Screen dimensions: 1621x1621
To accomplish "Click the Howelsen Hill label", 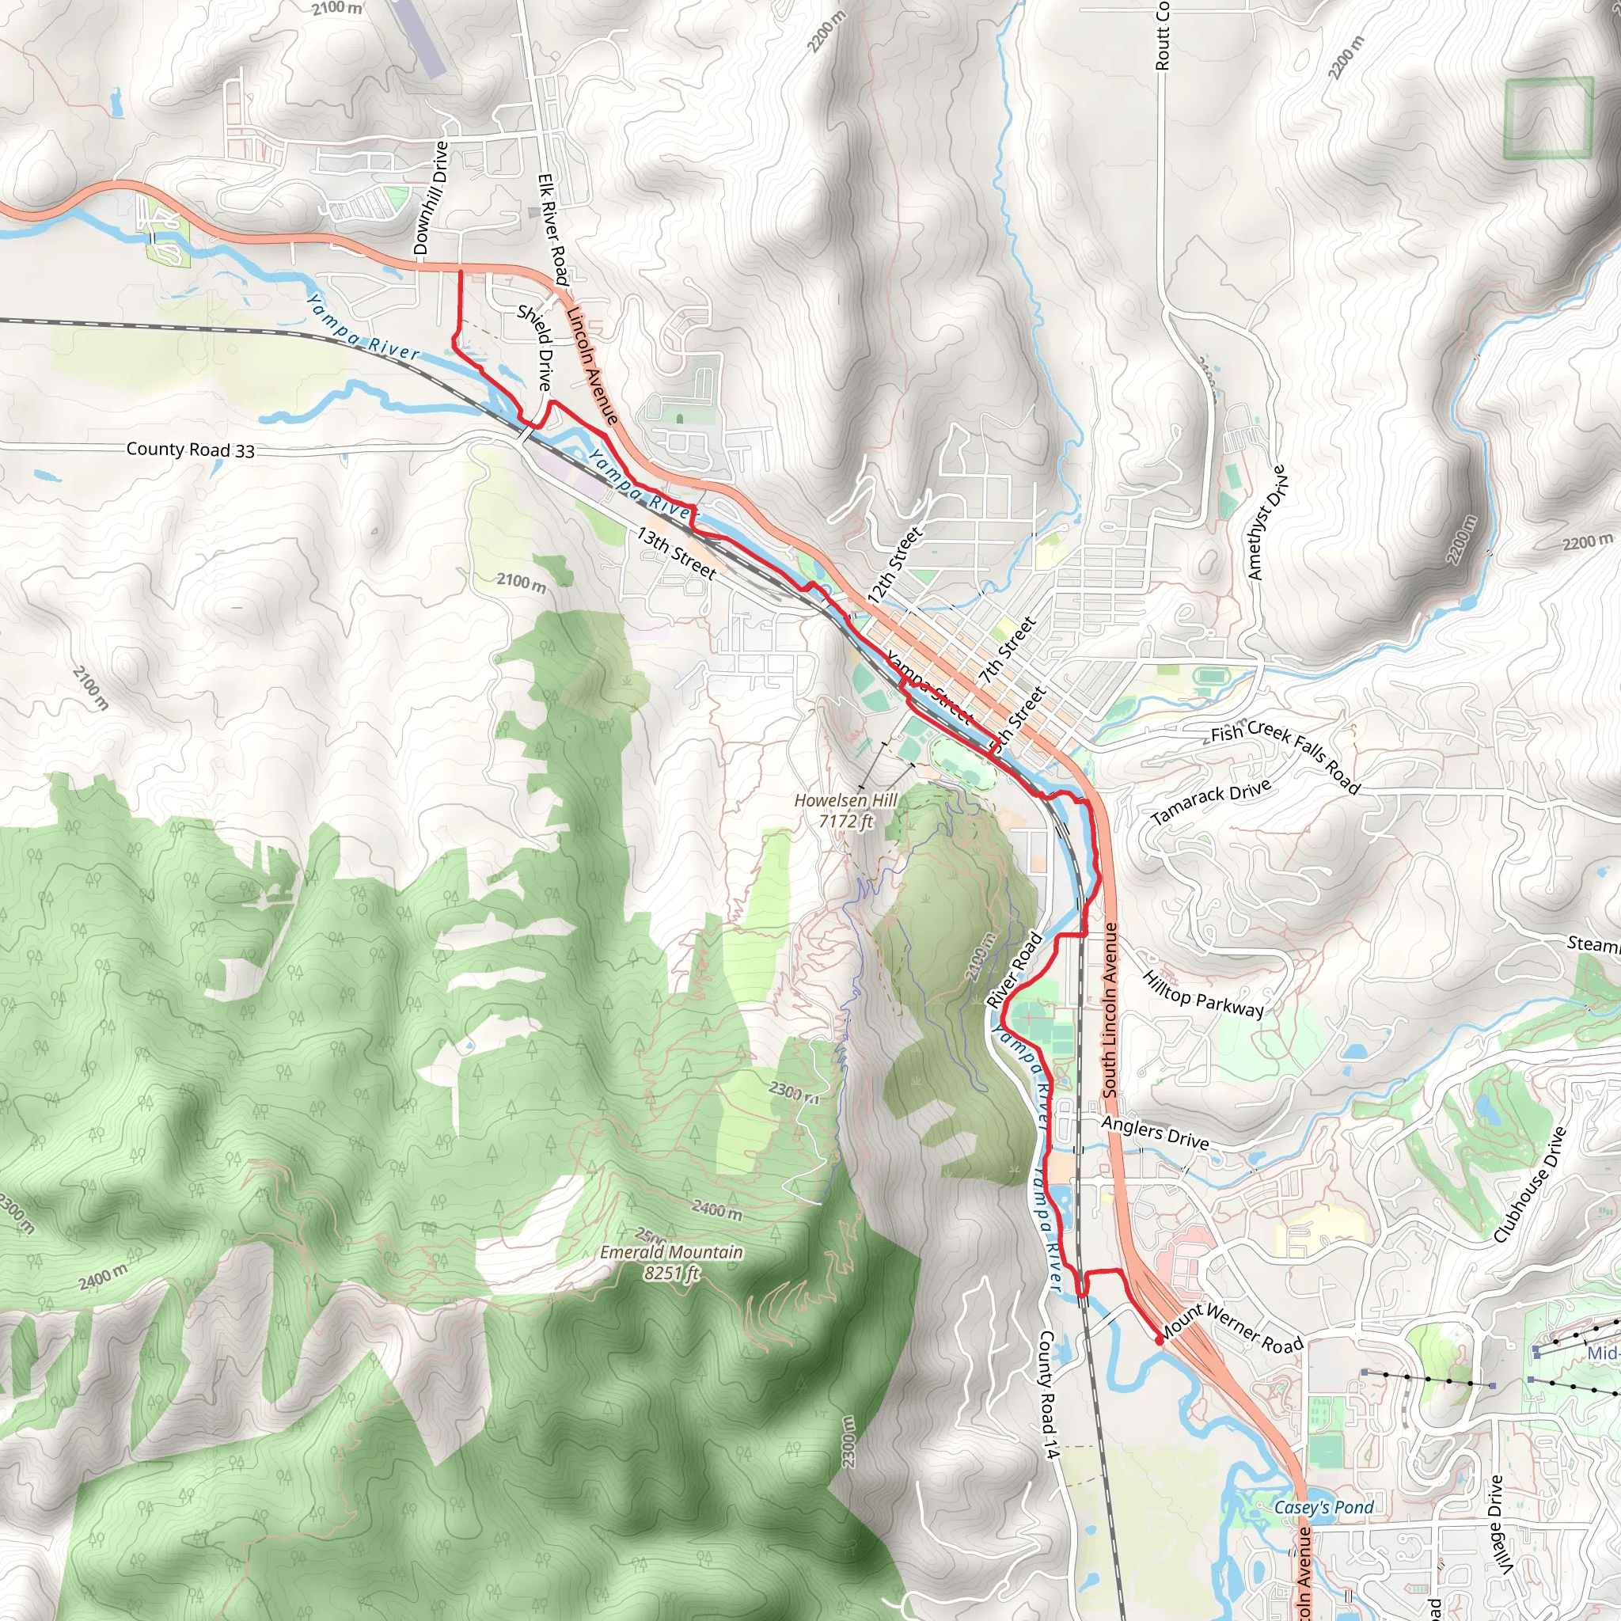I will click(846, 810).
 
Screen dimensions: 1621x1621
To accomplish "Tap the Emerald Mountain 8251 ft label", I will click(671, 1262).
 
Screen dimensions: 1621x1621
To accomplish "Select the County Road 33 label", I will click(191, 450).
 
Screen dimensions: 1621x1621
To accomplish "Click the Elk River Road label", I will click(553, 229).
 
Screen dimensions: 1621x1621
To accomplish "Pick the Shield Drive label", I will click(534, 347).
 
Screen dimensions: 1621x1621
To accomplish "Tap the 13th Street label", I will click(676, 553).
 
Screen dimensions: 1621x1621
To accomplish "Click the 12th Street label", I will click(895, 564).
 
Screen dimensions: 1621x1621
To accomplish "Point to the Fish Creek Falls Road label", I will click(1285, 757).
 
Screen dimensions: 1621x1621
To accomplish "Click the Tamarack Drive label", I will click(1211, 801).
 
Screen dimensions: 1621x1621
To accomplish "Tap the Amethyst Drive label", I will click(1267, 522).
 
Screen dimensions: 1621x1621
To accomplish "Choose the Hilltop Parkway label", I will click(1203, 994).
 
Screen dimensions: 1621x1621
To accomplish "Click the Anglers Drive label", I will click(1155, 1133).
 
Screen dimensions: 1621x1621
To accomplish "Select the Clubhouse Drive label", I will click(1531, 1184).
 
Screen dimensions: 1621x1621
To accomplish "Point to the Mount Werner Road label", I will click(1232, 1328).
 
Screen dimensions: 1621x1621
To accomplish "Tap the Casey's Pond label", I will click(1324, 1483).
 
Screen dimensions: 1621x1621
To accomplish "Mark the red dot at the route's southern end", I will click(1159, 1341).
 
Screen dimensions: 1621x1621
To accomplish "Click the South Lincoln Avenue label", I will click(1110, 1009).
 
